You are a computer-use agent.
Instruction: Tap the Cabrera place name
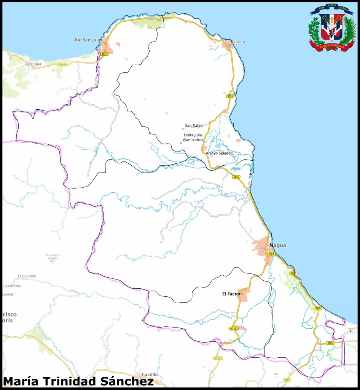pos(238,42)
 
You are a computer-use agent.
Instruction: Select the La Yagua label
pos(33,64)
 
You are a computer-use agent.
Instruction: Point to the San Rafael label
pos(194,125)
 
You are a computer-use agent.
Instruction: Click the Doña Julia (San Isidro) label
pos(193,137)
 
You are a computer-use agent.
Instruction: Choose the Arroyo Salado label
pos(218,153)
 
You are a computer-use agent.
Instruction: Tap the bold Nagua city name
pos(277,245)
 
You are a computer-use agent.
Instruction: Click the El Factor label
pos(231,294)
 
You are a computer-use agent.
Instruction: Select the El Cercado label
pos(27,276)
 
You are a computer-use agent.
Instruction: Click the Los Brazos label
pos(12,286)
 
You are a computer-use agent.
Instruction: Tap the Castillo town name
pos(150,374)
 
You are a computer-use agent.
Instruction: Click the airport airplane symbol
pos(350,331)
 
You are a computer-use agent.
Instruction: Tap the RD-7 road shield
pos(287,380)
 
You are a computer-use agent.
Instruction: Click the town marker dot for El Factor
pos(242,294)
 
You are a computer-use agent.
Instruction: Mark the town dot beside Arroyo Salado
pos(233,153)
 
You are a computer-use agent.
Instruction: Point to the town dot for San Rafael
pos(183,129)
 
